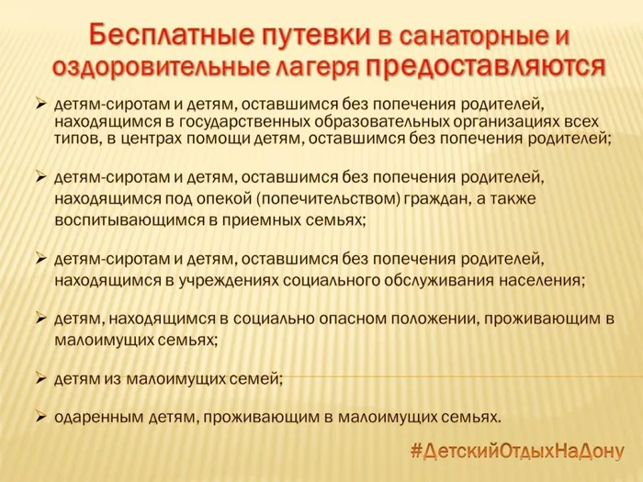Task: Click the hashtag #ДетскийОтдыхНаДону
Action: (515, 451)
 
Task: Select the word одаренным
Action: (95, 416)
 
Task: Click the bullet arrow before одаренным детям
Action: (40, 415)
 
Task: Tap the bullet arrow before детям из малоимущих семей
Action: (40, 376)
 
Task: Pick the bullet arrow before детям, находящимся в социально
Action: (40, 318)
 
